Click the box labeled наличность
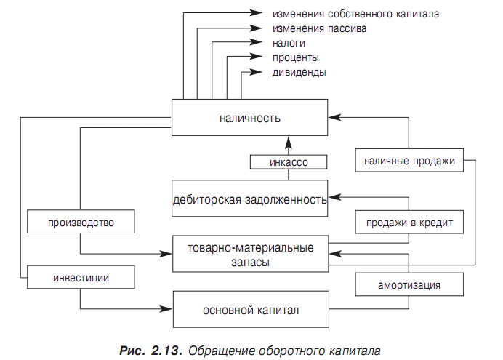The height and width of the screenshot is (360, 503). (x=249, y=117)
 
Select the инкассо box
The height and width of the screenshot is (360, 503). (x=289, y=162)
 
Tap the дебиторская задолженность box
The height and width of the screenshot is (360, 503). (x=249, y=199)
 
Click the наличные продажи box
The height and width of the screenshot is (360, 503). (x=409, y=160)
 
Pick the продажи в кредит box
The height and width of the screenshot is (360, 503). (x=409, y=222)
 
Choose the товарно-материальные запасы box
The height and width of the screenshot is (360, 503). (x=251, y=254)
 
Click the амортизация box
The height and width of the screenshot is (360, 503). (x=409, y=284)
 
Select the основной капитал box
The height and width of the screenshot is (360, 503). (x=251, y=309)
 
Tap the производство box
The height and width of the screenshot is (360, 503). (x=81, y=222)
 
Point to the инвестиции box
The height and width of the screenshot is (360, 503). (x=81, y=277)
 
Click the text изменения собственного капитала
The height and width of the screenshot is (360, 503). (x=355, y=14)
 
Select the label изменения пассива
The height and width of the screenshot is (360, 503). (x=320, y=28)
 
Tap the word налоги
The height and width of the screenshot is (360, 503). (x=289, y=43)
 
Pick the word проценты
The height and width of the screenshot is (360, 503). (x=295, y=57)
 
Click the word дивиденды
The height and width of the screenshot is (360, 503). (x=299, y=72)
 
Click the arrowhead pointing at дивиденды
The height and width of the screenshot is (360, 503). (x=256, y=72)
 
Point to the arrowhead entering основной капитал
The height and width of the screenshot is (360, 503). (x=166, y=309)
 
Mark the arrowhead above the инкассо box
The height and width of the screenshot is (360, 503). (x=289, y=143)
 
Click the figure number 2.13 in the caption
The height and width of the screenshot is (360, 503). (x=166, y=351)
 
